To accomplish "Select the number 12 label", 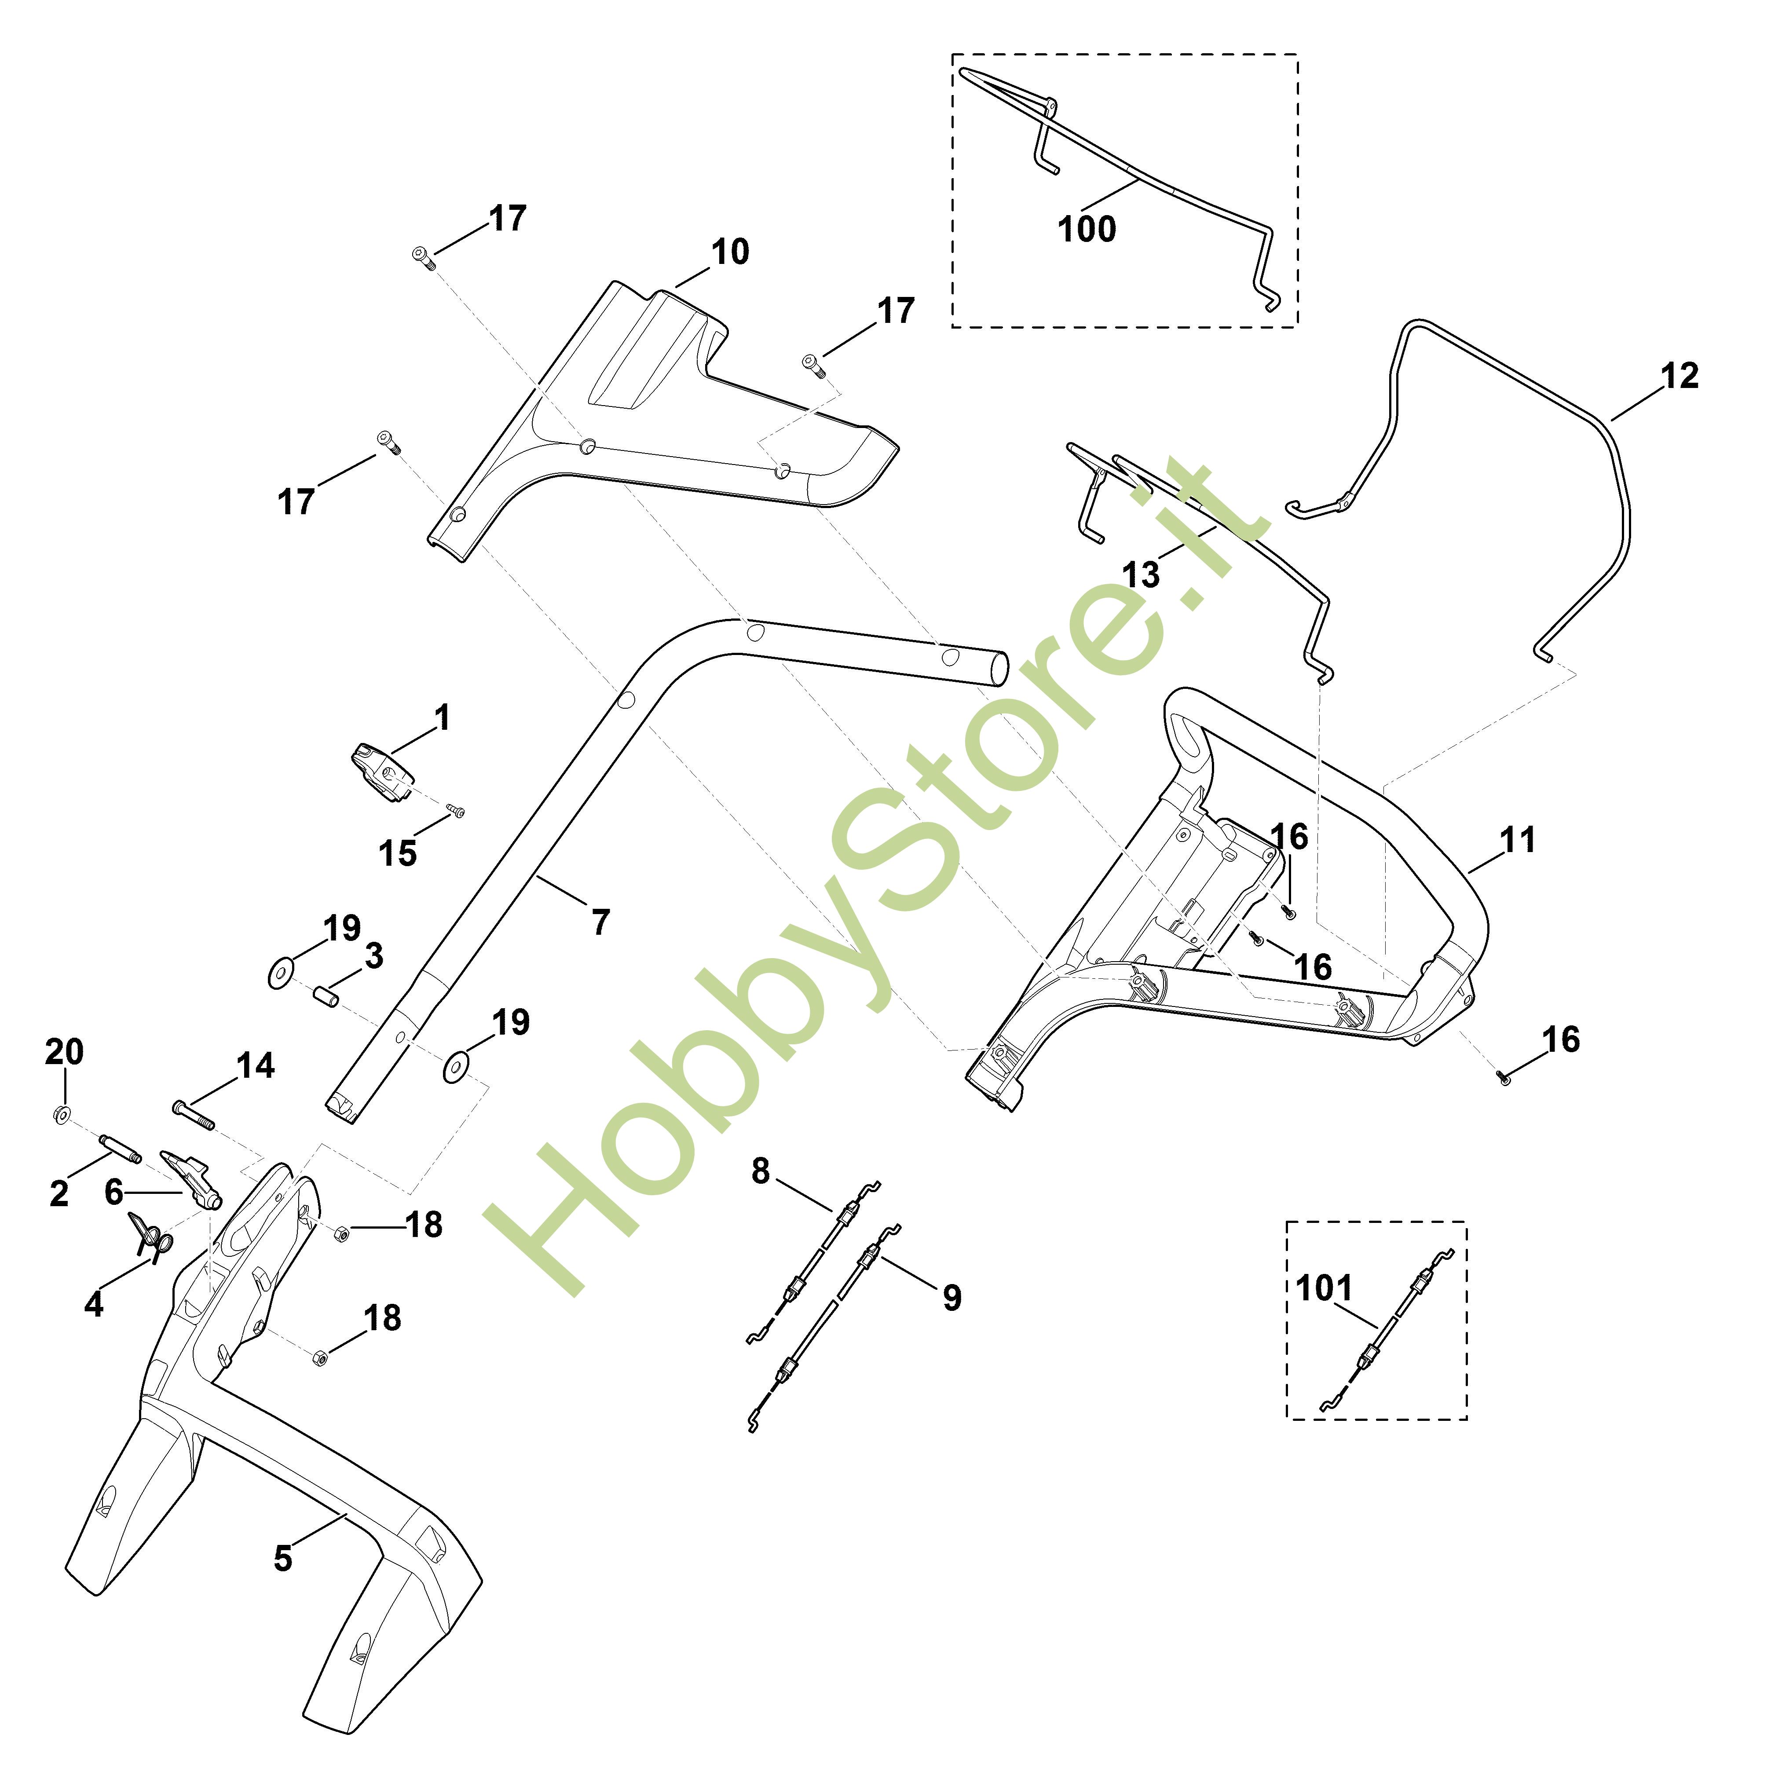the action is (1680, 376).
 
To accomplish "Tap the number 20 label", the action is (64, 1051).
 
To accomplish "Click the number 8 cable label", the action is (761, 1171).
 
